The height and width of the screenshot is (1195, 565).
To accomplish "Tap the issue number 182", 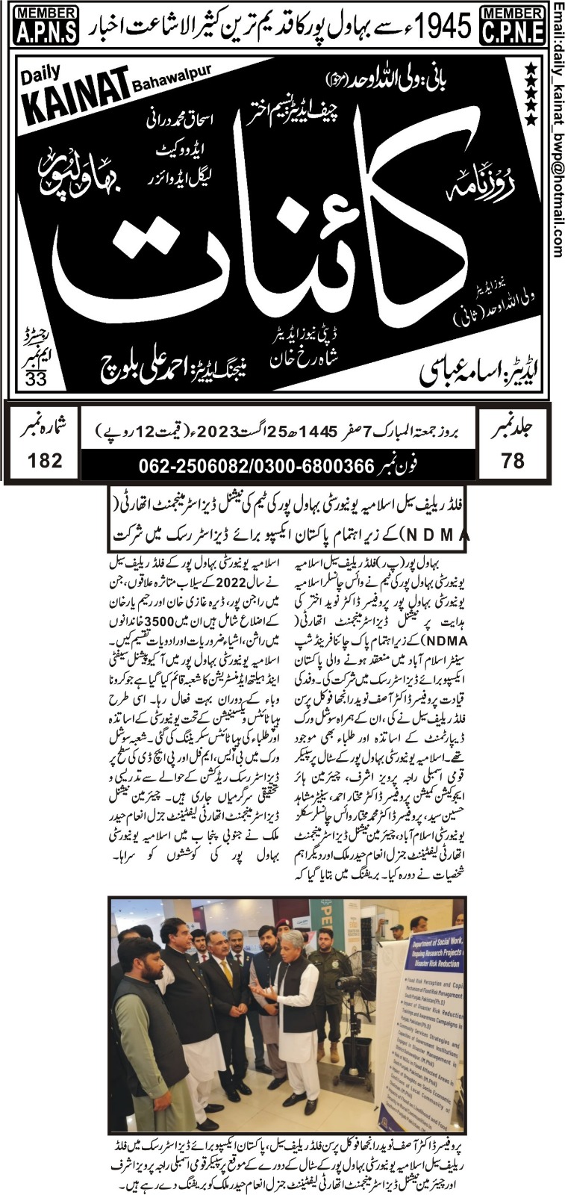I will point(45,460).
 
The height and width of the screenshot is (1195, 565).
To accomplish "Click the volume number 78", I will point(513,461).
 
